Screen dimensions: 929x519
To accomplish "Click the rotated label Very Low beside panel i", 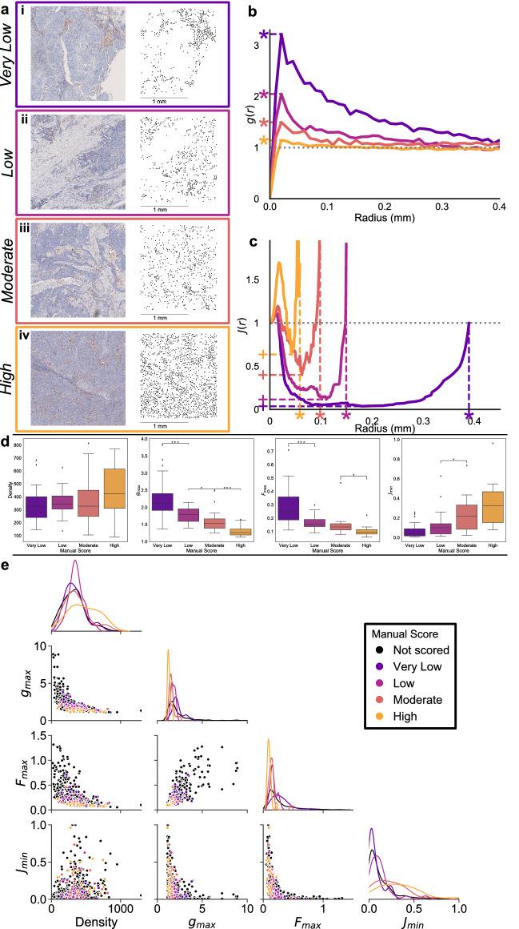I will coord(13,50).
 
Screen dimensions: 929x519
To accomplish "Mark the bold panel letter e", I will coord(6,565).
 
